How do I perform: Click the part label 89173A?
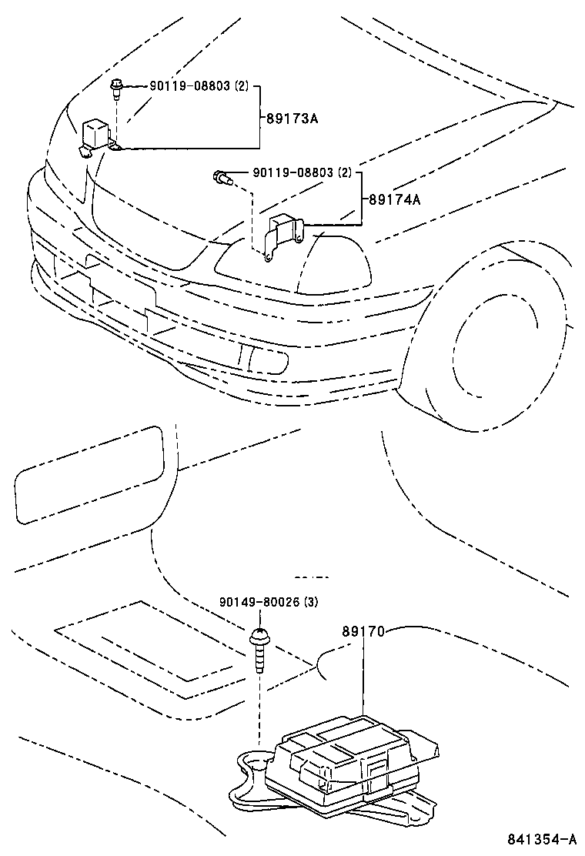coord(292,119)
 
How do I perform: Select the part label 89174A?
coord(395,199)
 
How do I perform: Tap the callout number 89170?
coord(363,631)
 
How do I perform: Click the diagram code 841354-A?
coord(540,838)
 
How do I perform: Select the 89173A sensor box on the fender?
coord(98,131)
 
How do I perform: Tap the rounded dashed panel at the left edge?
coord(89,473)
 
